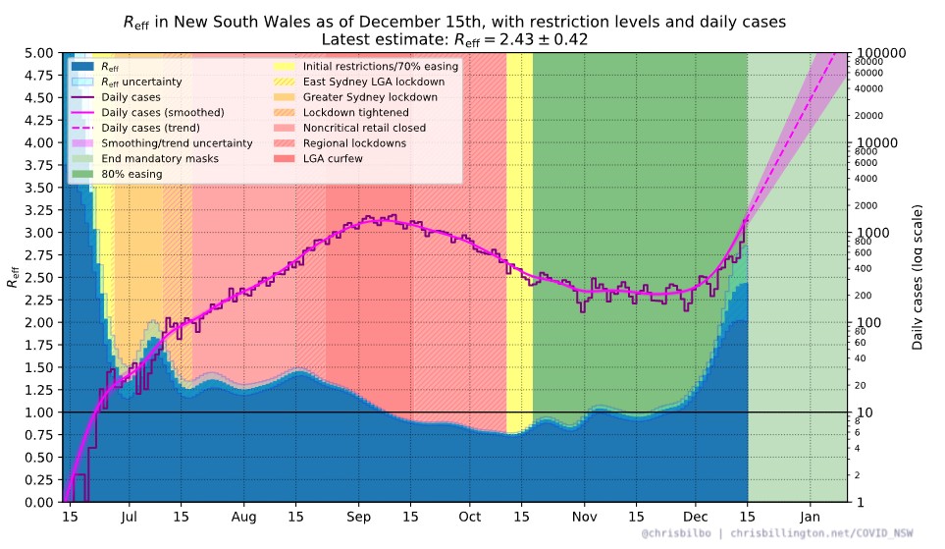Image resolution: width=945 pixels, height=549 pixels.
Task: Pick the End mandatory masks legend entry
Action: (162, 159)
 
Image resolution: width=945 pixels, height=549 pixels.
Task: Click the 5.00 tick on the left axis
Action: (40, 53)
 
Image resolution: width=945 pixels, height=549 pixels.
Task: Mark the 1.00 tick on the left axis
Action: (40, 412)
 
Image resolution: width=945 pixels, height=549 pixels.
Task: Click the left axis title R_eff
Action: (14, 277)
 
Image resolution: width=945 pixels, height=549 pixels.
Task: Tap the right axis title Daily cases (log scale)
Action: (918, 277)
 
